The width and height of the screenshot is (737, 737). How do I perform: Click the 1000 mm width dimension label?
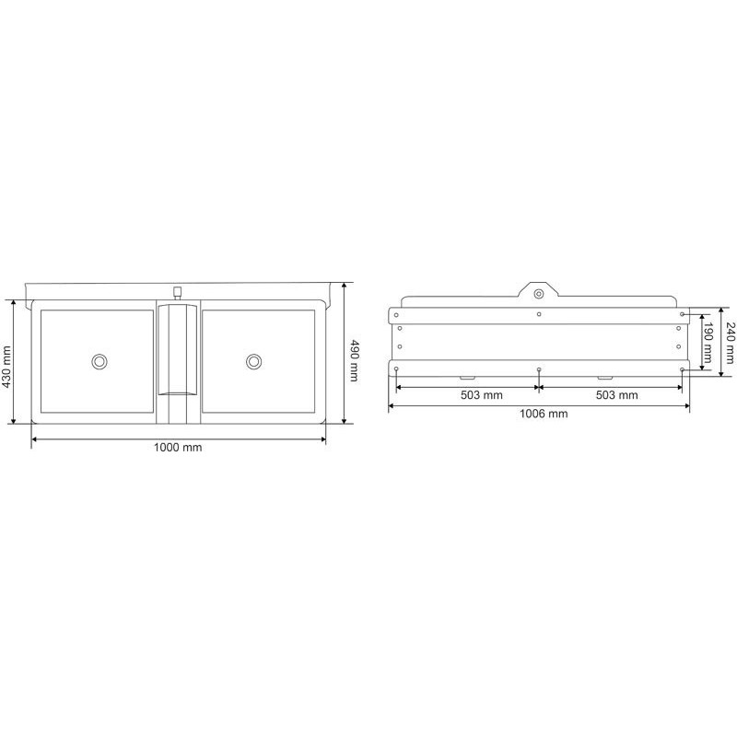(x=179, y=448)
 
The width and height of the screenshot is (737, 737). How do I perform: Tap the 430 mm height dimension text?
(x=8, y=368)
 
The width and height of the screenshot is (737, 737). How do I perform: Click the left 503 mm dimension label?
(x=466, y=395)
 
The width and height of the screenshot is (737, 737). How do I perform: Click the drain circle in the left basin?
(x=99, y=361)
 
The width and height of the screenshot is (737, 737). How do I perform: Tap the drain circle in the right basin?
(x=253, y=361)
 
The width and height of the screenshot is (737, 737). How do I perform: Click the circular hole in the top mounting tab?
(x=538, y=293)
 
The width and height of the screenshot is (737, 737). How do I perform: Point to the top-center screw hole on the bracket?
(x=538, y=314)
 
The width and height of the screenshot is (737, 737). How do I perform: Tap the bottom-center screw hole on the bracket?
(x=538, y=369)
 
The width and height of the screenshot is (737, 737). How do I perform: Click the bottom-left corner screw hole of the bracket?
(x=396, y=369)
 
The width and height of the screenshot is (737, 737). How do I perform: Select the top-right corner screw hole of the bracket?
(x=682, y=314)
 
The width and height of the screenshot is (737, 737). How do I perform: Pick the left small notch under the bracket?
(x=466, y=378)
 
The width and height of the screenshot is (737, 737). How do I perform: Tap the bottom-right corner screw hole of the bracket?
(x=682, y=369)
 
